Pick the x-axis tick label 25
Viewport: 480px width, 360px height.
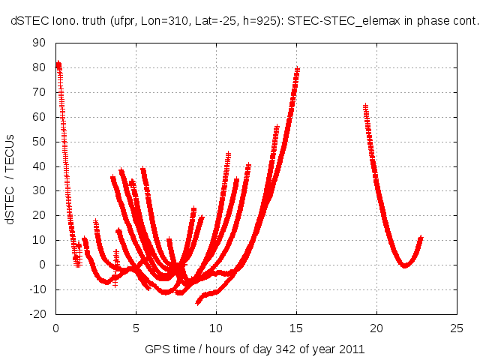pyautogui.click(x=457, y=328)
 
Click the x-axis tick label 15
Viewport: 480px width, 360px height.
pyautogui.click(x=296, y=328)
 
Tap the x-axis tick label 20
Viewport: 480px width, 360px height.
pyautogui.click(x=376, y=328)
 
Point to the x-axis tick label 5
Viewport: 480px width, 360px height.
pyautogui.click(x=136, y=328)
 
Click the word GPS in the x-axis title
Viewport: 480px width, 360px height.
pyautogui.click(x=157, y=349)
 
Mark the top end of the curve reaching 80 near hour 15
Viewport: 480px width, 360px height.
pyautogui.click(x=298, y=70)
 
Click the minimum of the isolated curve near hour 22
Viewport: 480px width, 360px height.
pyautogui.click(x=405, y=265)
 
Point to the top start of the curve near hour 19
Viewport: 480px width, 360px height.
pyautogui.click(x=365, y=106)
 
